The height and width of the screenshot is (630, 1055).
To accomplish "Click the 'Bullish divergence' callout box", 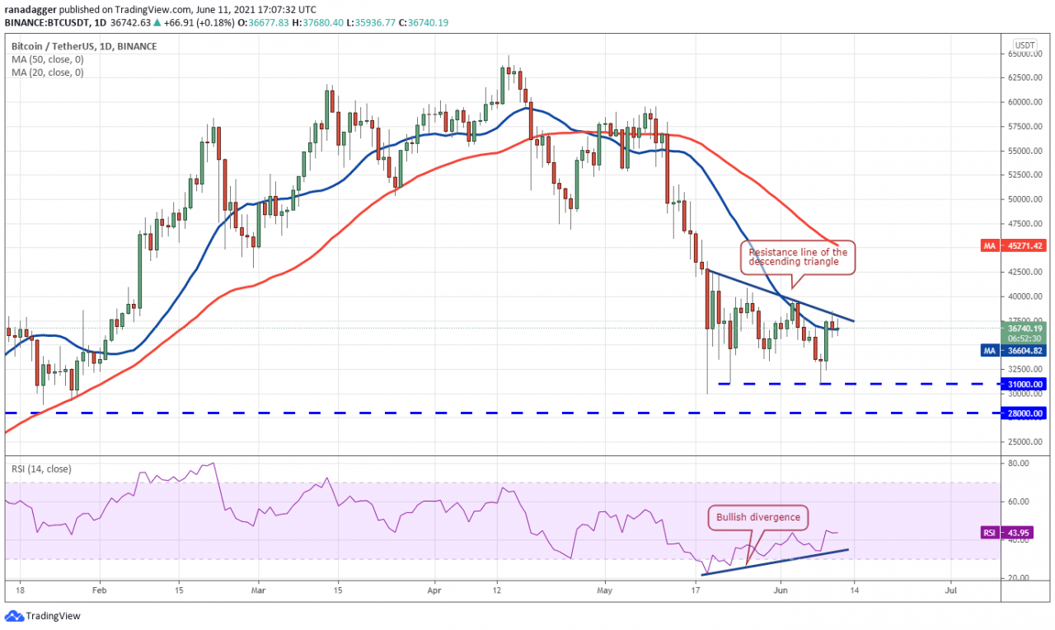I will (x=757, y=517).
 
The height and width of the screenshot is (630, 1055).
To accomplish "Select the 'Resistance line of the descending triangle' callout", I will (x=798, y=257).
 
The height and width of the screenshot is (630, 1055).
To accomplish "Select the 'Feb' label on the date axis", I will (x=99, y=590).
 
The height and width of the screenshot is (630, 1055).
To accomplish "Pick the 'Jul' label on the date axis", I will (x=950, y=590).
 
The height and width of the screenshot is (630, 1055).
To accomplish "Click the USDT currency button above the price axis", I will (x=1025, y=45).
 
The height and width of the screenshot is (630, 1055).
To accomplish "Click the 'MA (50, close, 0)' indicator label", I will (x=48, y=59).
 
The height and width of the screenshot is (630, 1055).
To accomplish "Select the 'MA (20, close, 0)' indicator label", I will (x=48, y=72).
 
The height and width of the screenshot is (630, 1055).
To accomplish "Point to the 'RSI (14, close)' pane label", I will (x=41, y=469).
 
